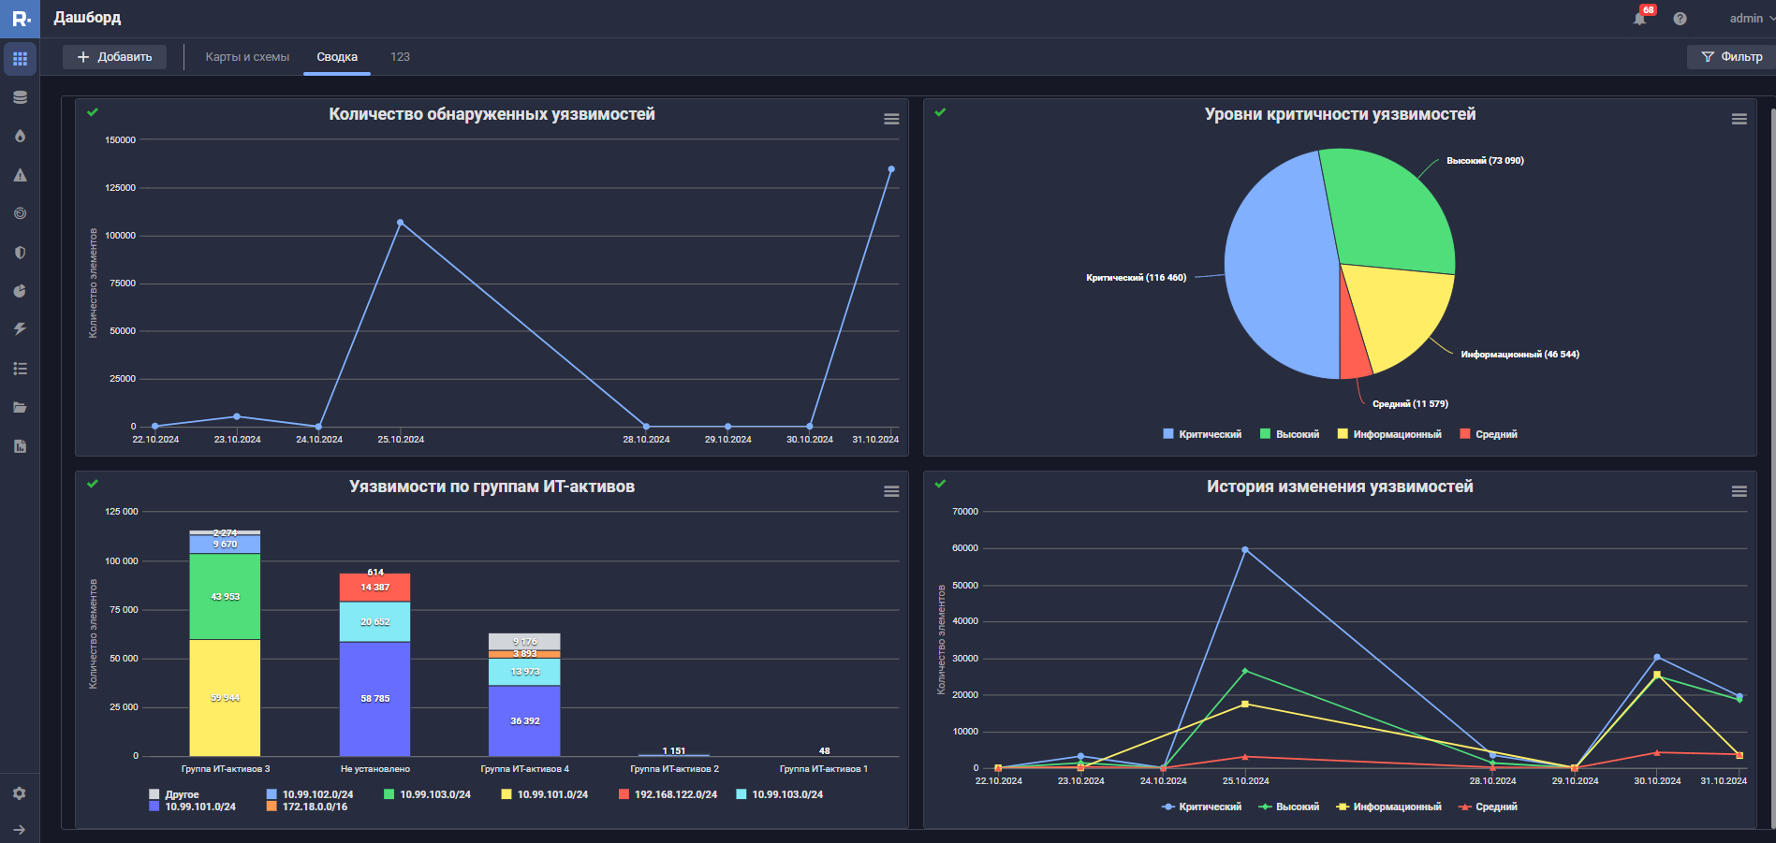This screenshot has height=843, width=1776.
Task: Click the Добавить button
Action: [x=114, y=57]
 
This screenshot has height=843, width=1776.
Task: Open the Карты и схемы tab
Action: [x=247, y=57]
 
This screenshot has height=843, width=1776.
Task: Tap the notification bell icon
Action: [x=1639, y=19]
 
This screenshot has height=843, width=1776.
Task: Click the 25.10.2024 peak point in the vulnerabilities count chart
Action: [x=400, y=223]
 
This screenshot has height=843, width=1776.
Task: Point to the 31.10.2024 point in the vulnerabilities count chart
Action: [x=891, y=169]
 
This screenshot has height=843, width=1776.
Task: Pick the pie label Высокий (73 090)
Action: [x=1485, y=161]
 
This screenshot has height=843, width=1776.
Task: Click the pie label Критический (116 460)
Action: [x=1136, y=278]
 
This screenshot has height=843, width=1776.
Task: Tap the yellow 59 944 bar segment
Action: [x=225, y=698]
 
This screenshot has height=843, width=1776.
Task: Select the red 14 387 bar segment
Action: [x=374, y=588]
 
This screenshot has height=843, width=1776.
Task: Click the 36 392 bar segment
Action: [x=524, y=720]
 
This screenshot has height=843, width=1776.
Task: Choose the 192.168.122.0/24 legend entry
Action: [x=675, y=794]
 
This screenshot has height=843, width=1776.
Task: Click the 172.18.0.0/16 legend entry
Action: [x=315, y=807]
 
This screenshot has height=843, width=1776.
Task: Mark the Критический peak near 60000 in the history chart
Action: [x=1245, y=550]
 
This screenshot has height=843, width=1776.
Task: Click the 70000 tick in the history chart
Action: [x=964, y=512]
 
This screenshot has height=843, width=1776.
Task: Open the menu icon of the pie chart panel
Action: [x=1739, y=119]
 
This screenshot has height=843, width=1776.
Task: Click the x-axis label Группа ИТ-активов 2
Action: [x=674, y=769]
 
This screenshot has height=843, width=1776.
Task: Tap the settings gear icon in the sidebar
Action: [x=20, y=793]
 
